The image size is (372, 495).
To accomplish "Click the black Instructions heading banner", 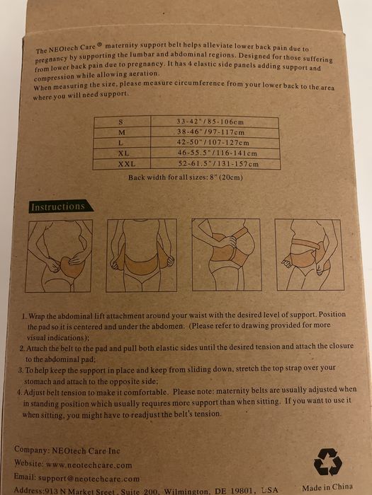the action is click(x=61, y=206).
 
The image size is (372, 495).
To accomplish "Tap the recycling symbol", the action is click(x=327, y=462).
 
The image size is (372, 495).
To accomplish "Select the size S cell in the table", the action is click(x=121, y=122).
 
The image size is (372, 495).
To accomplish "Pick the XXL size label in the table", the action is click(x=127, y=164).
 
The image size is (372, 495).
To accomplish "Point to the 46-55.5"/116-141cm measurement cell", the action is click(x=215, y=153).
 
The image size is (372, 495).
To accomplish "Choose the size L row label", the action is click(x=120, y=143).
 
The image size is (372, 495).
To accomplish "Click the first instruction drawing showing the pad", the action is click(x=59, y=256).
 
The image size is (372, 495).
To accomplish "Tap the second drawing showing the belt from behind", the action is click(x=142, y=255).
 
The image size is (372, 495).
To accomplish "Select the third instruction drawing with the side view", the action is click(x=227, y=255).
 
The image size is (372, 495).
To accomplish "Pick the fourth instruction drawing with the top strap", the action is click(x=310, y=255).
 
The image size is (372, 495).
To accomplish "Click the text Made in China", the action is click(x=327, y=487).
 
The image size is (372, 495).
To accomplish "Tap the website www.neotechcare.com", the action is click(x=89, y=465).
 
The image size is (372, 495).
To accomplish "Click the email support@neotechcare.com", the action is click(x=89, y=478).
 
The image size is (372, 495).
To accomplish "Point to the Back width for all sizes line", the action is click(x=186, y=177).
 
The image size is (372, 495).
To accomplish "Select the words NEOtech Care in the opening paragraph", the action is click(x=72, y=48).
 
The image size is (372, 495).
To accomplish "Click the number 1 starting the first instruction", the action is click(x=23, y=316).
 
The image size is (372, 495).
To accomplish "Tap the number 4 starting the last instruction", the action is click(x=19, y=392).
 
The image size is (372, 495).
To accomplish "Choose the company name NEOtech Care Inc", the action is click(x=86, y=451).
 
